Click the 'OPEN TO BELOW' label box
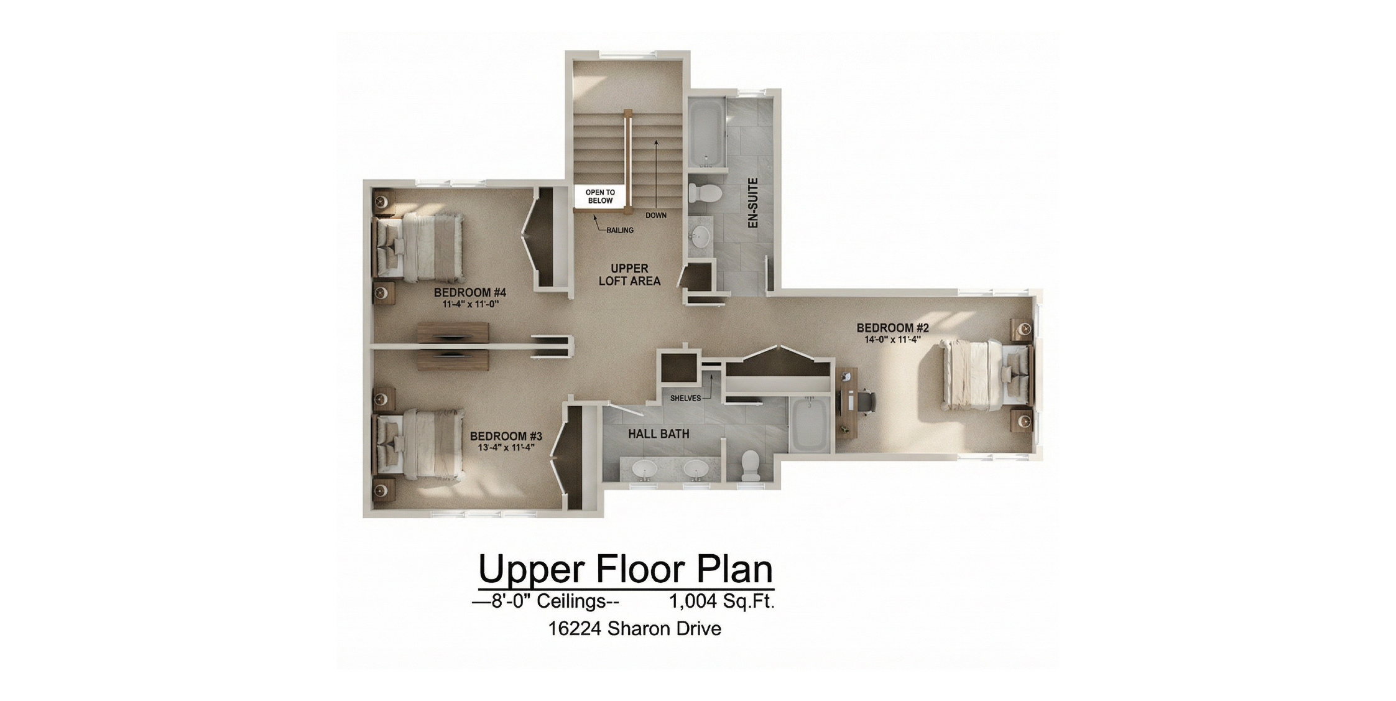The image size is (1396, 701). [599, 197]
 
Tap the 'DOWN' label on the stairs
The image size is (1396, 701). [655, 215]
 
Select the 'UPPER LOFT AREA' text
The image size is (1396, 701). [629, 274]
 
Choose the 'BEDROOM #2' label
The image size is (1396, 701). [892, 328]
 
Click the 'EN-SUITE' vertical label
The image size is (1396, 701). [752, 203]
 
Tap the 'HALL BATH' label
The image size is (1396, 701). [659, 434]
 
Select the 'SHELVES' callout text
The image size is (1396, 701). [685, 398]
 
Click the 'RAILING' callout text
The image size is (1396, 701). [620, 230]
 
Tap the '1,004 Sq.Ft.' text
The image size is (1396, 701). [721, 601]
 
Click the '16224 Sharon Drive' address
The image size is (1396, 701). [634, 629]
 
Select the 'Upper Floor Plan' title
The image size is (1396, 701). [625, 568]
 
